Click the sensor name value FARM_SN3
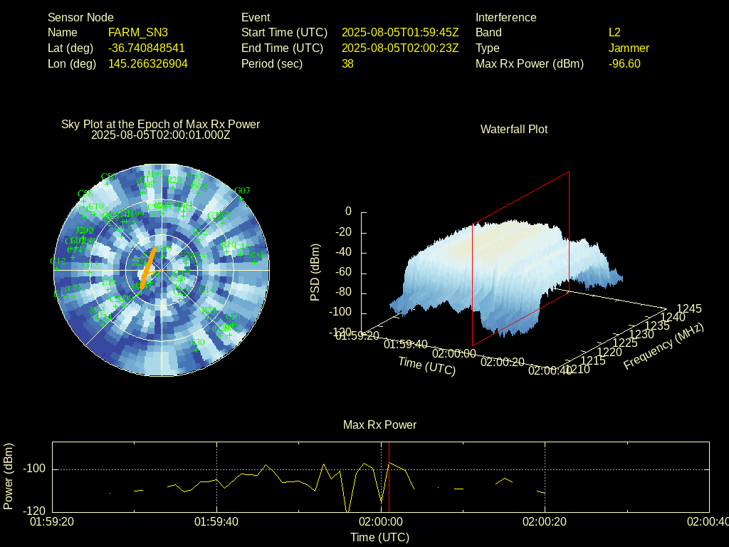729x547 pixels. tap(138, 33)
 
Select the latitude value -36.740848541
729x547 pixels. tap(147, 48)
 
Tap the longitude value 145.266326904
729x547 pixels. tap(148, 64)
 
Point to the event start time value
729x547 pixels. tap(400, 33)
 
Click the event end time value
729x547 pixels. tap(400, 48)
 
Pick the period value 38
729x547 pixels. tap(347, 64)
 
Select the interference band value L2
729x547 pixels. tap(614, 33)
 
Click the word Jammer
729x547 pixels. tap(629, 48)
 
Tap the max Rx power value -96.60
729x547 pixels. tap(624, 64)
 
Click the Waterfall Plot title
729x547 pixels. tap(514, 130)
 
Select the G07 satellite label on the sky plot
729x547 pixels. tap(242, 191)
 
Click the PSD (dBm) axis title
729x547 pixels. tap(315, 272)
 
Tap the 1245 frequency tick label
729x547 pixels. tap(689, 309)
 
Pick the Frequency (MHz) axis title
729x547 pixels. tap(664, 346)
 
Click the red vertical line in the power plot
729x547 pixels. tap(389, 477)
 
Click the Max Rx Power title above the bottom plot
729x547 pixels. tap(379, 425)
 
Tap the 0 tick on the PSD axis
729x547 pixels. tap(348, 212)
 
